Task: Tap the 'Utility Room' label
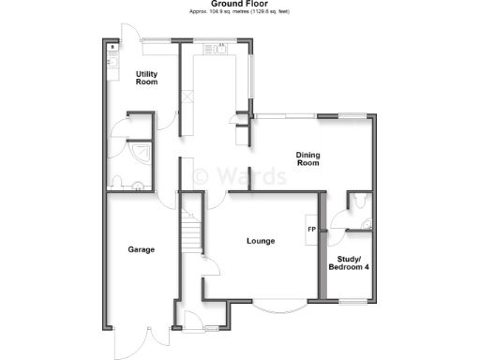click(x=145, y=77)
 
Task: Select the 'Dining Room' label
click(x=307, y=158)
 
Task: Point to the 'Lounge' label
click(x=260, y=241)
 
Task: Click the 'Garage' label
click(x=141, y=249)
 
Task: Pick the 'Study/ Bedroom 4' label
click(x=347, y=262)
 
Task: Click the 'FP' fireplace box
click(x=309, y=230)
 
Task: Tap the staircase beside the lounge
click(x=190, y=231)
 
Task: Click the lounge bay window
click(x=278, y=308)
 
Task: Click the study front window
click(x=353, y=301)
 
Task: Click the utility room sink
click(x=112, y=58)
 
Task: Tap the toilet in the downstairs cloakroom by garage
click(x=115, y=183)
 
